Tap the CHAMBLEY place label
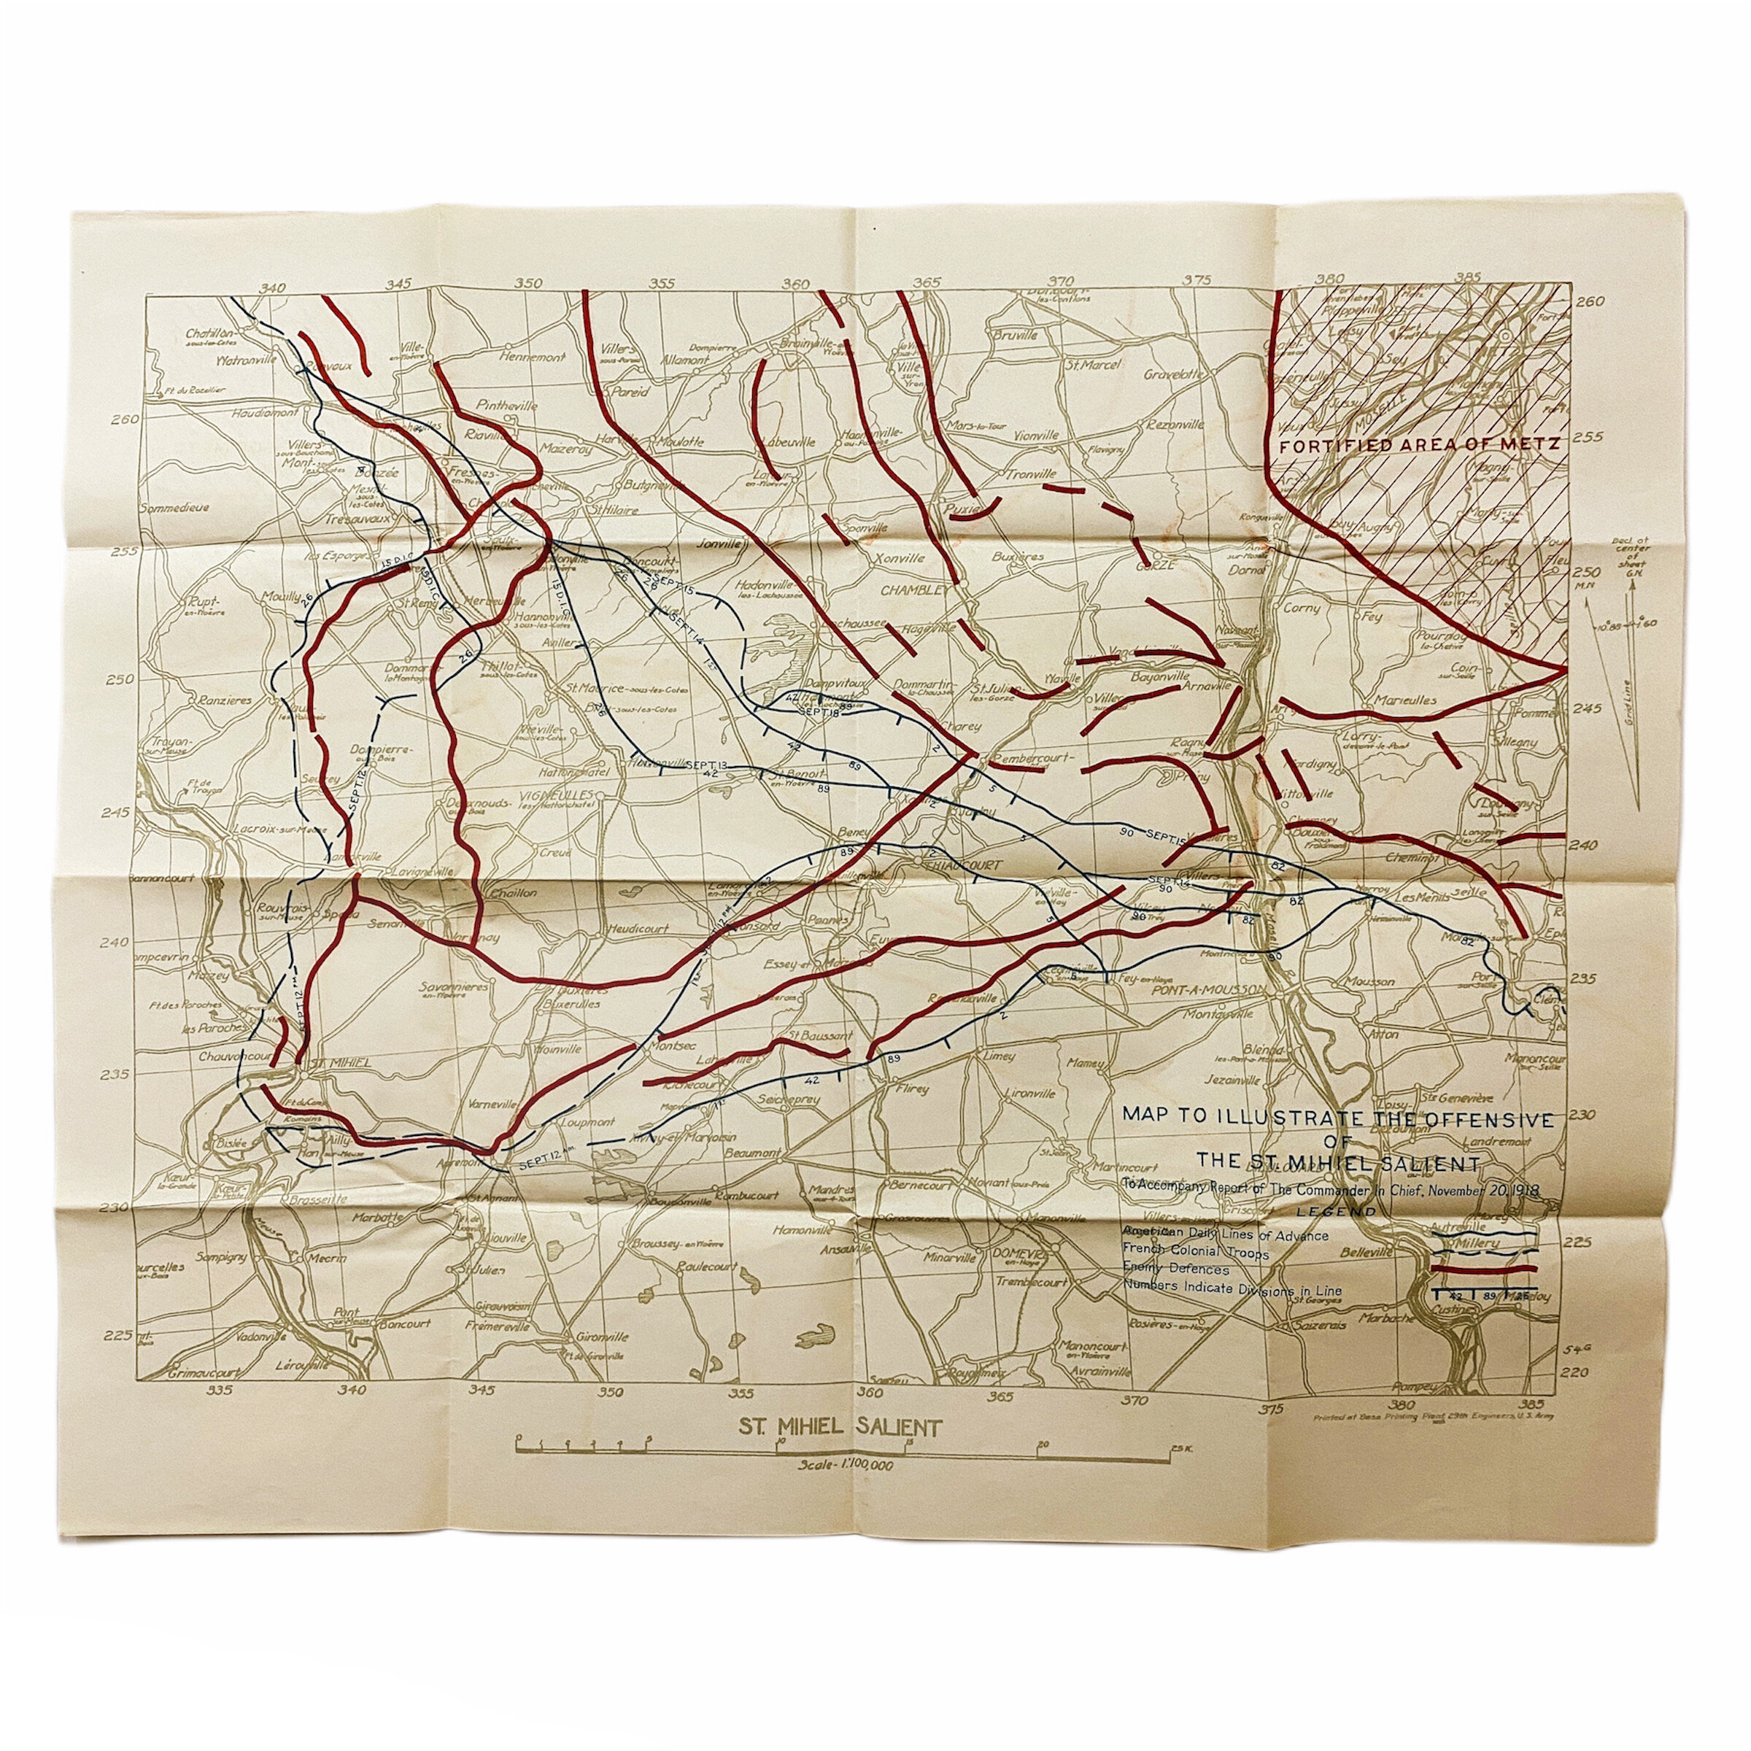pyautogui.click(x=917, y=590)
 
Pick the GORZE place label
pyautogui.click(x=1153, y=565)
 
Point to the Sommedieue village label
pyautogui.click(x=174, y=508)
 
